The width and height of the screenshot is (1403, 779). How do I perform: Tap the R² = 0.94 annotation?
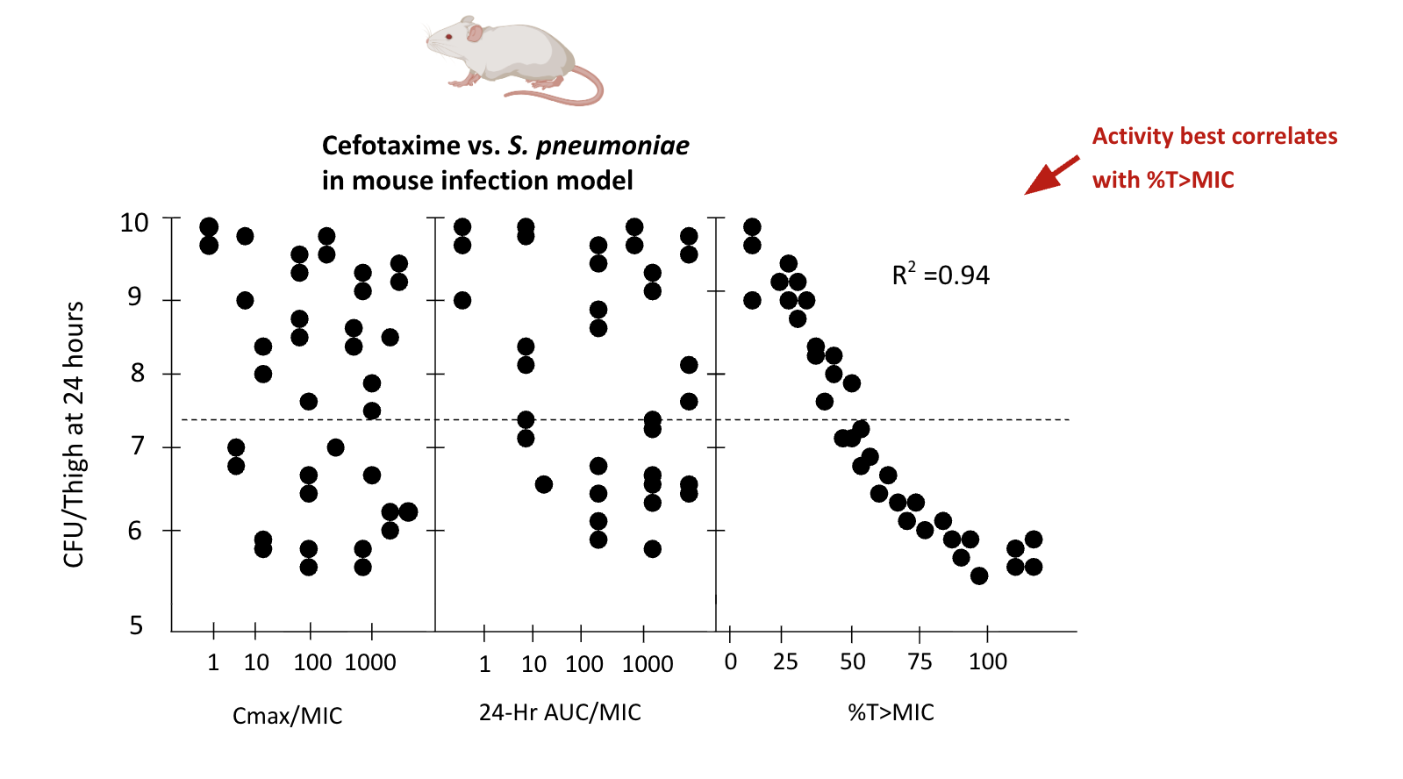point(940,275)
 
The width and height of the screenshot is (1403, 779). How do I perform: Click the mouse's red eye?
point(448,38)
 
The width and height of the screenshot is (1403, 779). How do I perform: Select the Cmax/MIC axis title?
point(287,716)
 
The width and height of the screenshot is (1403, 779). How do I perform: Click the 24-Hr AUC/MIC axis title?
point(560,712)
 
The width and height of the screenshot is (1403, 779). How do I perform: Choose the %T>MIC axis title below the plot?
point(891,712)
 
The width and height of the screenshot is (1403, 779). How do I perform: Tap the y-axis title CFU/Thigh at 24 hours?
point(74,434)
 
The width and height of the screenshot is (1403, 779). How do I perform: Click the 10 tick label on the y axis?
point(134,223)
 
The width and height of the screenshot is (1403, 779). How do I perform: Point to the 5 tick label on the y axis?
point(136,625)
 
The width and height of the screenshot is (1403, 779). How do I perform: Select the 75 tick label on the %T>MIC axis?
point(920,661)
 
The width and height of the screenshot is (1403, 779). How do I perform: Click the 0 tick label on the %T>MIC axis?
point(730,661)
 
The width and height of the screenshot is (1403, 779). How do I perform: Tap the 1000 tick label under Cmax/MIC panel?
point(370,662)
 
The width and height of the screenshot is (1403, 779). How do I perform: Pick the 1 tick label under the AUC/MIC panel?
point(484,664)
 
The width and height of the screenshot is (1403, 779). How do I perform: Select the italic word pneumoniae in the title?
point(612,146)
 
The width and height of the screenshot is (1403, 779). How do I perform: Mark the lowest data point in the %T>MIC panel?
point(979,575)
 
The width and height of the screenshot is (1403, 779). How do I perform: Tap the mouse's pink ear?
point(474,33)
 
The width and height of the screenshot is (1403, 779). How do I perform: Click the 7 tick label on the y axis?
point(137,447)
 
